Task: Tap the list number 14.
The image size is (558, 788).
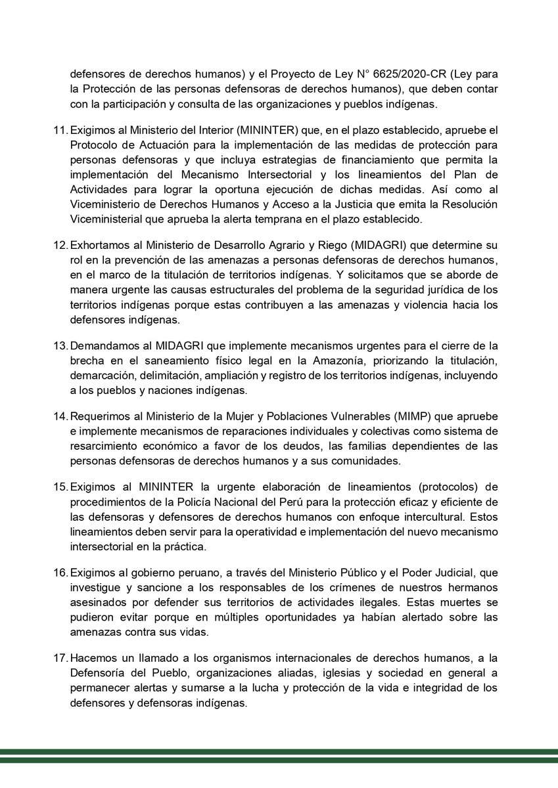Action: pos(60,417)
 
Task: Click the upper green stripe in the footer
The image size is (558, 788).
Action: pos(279,752)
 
